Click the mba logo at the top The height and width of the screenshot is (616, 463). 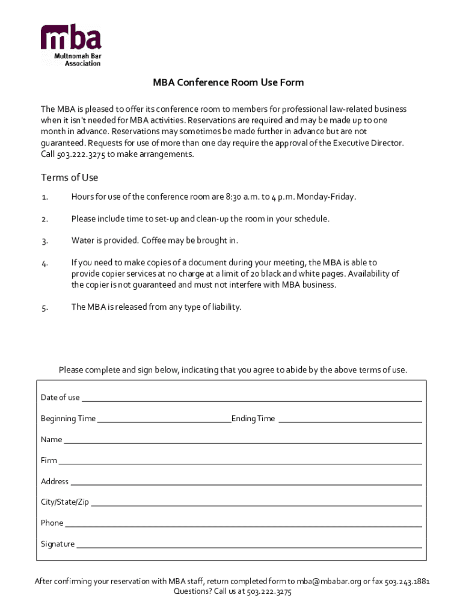coord(71,45)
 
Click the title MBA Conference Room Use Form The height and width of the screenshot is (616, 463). coord(228,82)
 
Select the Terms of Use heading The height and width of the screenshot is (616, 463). coord(69,177)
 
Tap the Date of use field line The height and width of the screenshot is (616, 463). coord(251,400)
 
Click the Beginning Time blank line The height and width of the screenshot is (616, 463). coord(164,421)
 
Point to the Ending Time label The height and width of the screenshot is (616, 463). coord(253,419)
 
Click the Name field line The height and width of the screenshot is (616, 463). coord(243,442)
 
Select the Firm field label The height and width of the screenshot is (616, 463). coord(49,460)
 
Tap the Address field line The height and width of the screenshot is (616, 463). coord(246,484)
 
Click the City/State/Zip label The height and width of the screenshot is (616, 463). coord(65,502)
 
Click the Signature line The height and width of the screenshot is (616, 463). coord(249,547)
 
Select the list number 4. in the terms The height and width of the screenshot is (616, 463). coord(44,263)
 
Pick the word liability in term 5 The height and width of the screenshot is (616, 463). coord(225,307)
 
